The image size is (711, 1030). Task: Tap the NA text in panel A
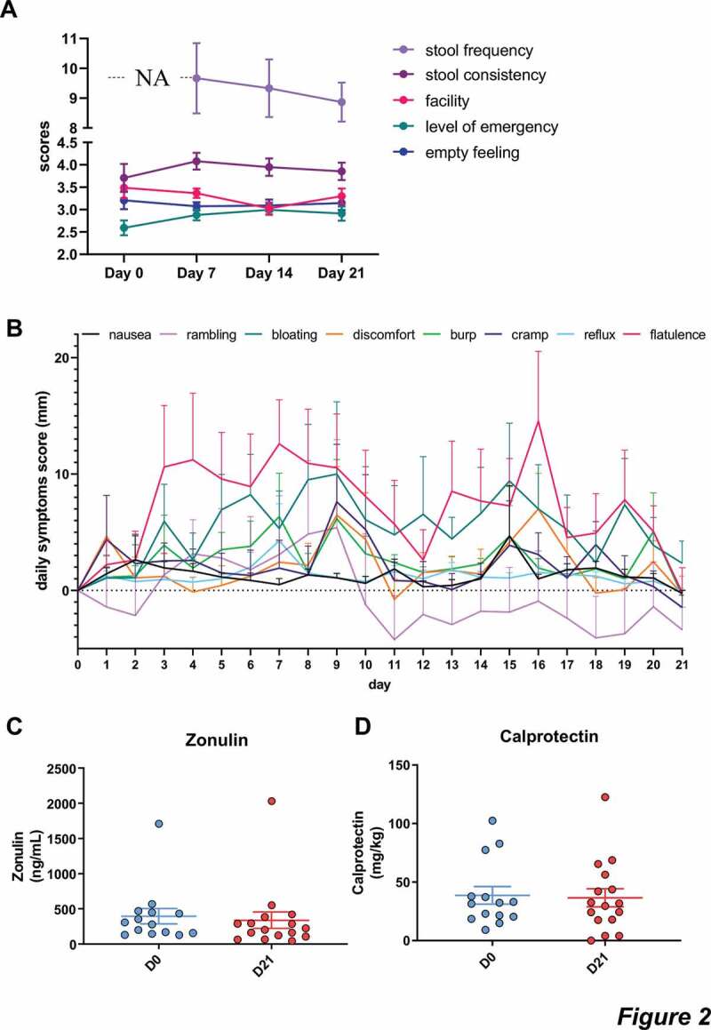pos(152,78)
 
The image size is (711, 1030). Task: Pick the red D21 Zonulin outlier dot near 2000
pos(272,801)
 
